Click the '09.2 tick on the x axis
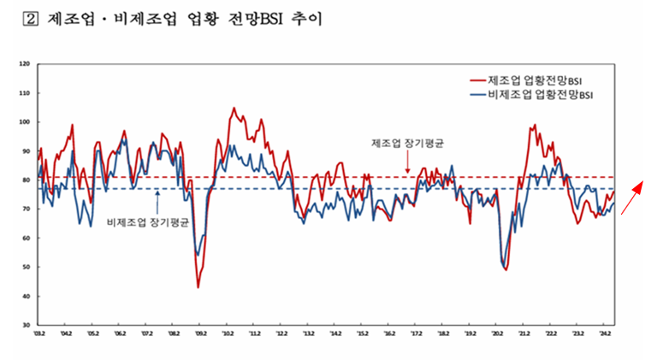click(201, 333)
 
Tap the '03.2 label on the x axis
click(39, 333)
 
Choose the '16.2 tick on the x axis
click(390, 333)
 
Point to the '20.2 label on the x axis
click(498, 333)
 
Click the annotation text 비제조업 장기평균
click(147, 221)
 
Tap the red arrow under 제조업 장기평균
click(408, 162)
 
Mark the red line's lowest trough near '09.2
click(198, 287)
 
